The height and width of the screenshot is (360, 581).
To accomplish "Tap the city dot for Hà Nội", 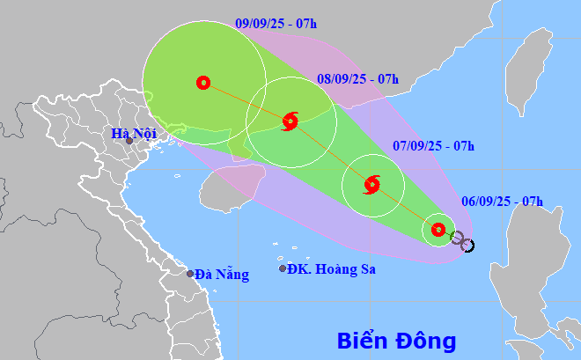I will tap(129, 141).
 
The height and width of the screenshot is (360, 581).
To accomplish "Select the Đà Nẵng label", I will tap(222, 275).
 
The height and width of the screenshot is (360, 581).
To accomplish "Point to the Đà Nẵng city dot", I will tap(189, 274).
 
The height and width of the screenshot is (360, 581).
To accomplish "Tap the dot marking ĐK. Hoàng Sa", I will tap(283, 268).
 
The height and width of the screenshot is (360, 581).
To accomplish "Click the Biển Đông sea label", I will tap(397, 340).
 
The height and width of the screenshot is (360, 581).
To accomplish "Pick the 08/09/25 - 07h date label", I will tap(357, 79).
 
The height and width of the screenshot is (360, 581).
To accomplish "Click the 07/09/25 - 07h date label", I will tap(434, 145).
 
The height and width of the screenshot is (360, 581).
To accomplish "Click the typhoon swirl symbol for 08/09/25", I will tap(290, 121).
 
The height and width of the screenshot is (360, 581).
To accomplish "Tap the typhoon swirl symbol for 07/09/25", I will tap(371, 185).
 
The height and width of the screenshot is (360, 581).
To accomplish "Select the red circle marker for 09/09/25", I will tap(203, 83).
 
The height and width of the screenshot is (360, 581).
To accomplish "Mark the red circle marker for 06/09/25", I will tap(438, 230).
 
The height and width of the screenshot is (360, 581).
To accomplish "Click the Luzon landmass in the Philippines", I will tap(528, 282).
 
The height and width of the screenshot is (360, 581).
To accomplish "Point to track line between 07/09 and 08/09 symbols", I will tap(331, 153).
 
